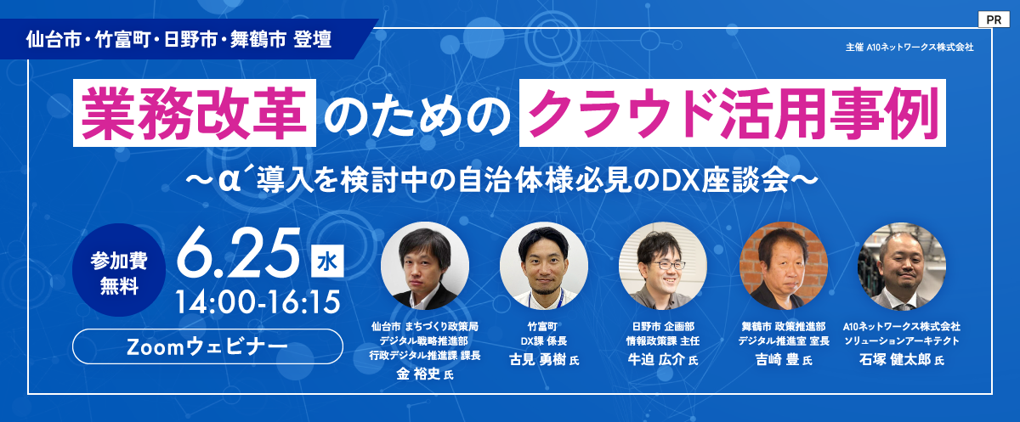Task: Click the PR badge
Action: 993,20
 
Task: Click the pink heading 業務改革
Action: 195,113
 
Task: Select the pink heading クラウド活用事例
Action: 733,113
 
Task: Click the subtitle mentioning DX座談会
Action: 501,181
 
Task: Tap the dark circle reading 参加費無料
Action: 119,270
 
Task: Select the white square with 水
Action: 327,261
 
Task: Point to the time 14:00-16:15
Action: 258,302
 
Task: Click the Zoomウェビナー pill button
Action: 207,346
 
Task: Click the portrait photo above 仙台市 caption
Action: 425,266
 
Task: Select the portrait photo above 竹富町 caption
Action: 544,266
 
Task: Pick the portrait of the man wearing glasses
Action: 662,266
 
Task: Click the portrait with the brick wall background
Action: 783,266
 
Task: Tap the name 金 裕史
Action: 418,374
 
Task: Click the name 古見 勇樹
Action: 537,360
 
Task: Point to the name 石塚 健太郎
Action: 895,360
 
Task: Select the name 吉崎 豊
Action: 777,360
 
